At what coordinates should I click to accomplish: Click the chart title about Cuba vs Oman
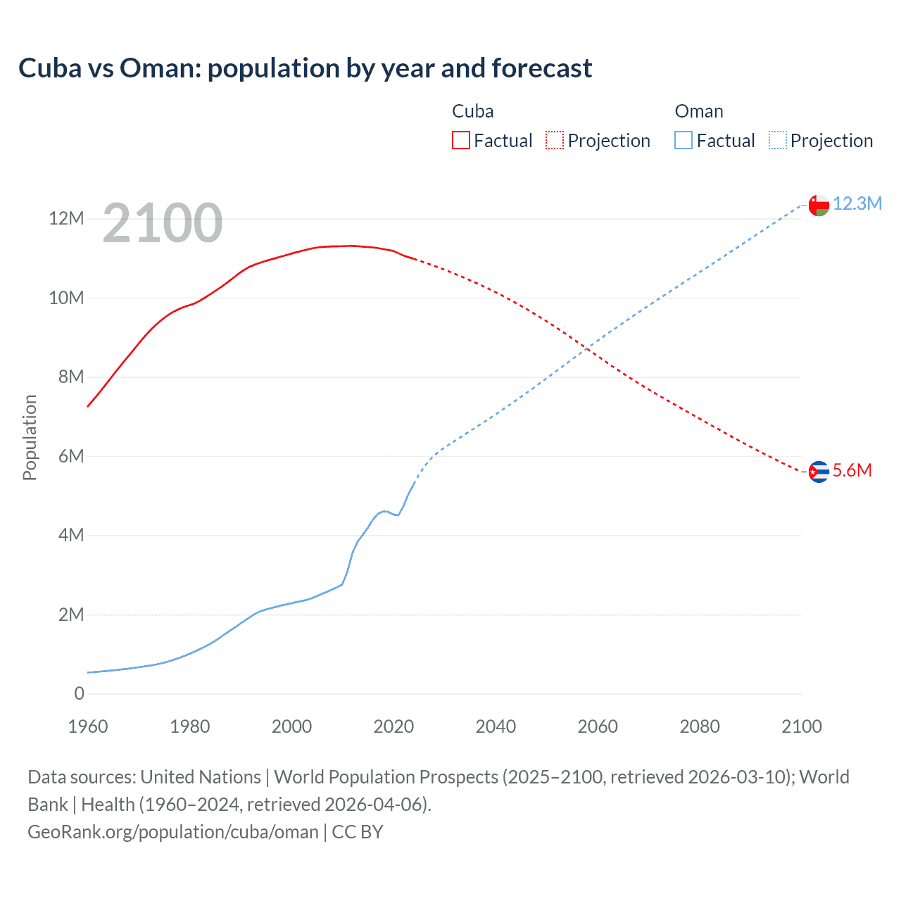click(305, 68)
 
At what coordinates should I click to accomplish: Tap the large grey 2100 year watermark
click(163, 223)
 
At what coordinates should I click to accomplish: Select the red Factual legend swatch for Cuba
click(460, 140)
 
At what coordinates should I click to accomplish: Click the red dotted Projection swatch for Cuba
click(555, 140)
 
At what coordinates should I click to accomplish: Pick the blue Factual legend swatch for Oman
click(683, 140)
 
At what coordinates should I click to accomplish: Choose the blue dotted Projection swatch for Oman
click(777, 140)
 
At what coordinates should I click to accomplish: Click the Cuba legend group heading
click(472, 111)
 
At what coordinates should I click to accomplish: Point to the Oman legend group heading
click(698, 111)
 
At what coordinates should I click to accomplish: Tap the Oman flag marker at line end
click(819, 205)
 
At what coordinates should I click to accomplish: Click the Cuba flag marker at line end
click(819, 472)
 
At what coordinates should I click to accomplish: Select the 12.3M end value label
click(857, 203)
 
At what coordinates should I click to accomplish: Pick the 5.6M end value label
click(852, 470)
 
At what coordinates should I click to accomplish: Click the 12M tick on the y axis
click(66, 218)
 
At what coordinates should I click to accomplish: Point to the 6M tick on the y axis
click(71, 456)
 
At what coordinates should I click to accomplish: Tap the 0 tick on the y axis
click(79, 693)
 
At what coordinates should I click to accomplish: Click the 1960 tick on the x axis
click(88, 726)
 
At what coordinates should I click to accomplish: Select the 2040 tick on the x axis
click(496, 726)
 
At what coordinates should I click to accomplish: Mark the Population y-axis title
click(30, 437)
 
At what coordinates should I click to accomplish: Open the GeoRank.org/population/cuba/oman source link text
click(172, 832)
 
